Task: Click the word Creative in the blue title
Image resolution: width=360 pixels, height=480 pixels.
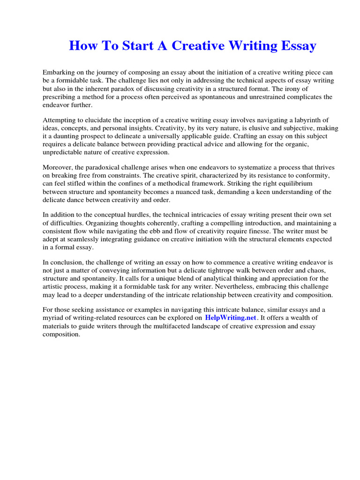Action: [x=196, y=46]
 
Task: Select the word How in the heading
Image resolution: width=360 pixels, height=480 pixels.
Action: [x=82, y=46]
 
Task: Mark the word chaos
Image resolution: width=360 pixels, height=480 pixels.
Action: [x=313, y=270]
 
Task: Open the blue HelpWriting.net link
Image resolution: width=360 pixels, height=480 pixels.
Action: [x=231, y=318]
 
